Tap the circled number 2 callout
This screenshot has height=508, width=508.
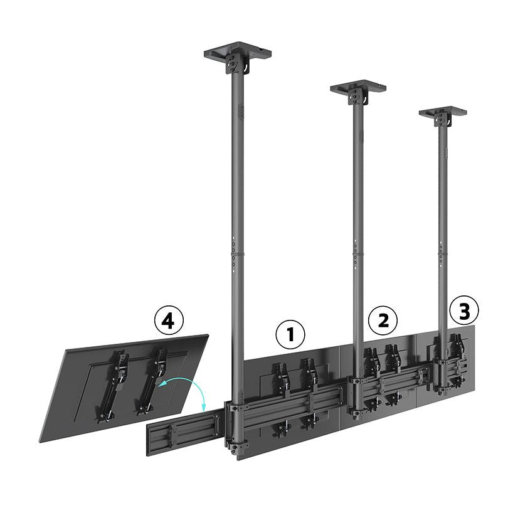pyautogui.click(x=383, y=320)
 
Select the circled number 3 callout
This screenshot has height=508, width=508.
pyautogui.click(x=465, y=310)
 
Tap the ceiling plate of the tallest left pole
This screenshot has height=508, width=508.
pyautogui.click(x=237, y=51)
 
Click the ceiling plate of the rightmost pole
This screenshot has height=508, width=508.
pyautogui.click(x=443, y=112)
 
